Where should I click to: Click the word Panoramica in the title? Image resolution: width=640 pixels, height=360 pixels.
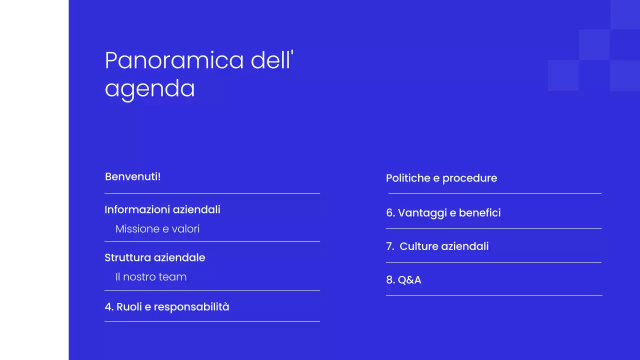(174, 60)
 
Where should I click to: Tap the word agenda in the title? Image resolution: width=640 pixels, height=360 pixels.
(149, 89)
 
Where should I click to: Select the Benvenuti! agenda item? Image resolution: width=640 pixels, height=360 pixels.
(132, 176)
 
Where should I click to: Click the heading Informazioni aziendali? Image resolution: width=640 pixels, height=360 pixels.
(162, 209)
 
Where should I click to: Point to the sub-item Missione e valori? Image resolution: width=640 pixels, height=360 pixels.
(157, 229)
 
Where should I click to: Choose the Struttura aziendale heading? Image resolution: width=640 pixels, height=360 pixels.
(154, 257)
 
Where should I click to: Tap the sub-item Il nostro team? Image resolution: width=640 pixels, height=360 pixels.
(151, 277)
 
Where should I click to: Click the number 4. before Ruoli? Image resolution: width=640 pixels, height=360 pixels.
(109, 307)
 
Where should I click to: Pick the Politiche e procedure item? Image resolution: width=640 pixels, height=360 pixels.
(441, 178)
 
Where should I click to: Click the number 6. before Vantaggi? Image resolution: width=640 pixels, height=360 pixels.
(390, 213)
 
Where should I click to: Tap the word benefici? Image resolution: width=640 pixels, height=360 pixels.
(479, 213)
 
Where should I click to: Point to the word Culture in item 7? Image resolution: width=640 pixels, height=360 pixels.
(418, 246)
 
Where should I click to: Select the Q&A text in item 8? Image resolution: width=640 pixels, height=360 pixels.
(409, 280)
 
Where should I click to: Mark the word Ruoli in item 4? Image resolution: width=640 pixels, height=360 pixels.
(128, 307)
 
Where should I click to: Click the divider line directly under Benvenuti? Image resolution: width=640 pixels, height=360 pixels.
(212, 193)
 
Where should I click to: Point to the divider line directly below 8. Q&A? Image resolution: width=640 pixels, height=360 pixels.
(494, 295)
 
